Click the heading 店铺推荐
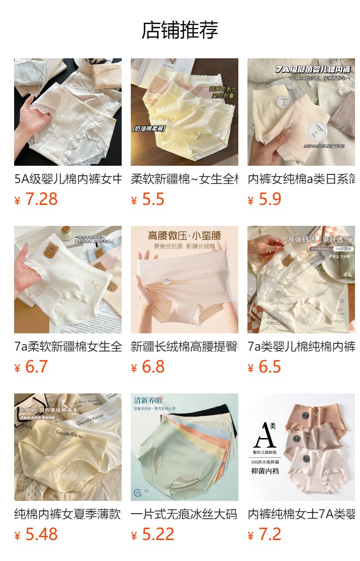click(180, 30)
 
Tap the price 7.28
click(41, 199)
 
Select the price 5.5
click(153, 199)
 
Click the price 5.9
click(269, 199)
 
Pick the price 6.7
click(36, 367)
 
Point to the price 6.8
click(153, 367)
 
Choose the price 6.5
click(269, 367)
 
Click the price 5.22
click(158, 535)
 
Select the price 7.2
click(269, 535)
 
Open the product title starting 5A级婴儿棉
click(68, 179)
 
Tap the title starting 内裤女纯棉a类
click(301, 179)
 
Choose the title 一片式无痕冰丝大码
click(184, 514)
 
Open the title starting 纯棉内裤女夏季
click(68, 514)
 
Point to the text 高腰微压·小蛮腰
click(184, 236)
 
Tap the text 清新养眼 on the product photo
click(149, 400)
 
